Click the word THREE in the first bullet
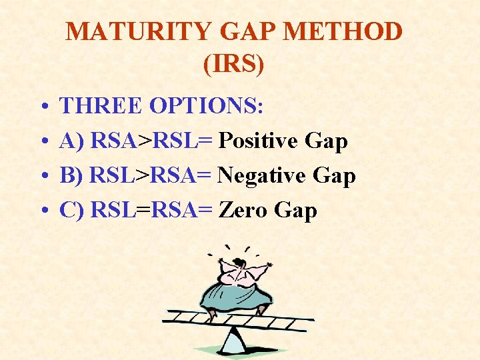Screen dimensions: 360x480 tap(101, 106)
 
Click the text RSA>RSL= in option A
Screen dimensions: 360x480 tap(151, 141)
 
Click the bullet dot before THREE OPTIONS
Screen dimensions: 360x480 tap(42, 107)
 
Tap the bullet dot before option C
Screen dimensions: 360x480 tap(42, 212)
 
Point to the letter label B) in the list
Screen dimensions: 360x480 tap(71, 176)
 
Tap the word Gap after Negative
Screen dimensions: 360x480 tap(331, 176)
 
